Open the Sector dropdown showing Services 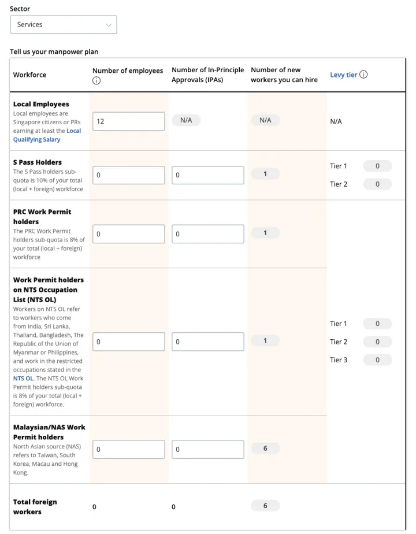pos(64,25)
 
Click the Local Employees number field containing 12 pos(128,121)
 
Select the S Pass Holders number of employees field pos(128,175)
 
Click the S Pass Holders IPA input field pos(207,175)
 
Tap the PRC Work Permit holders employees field pos(128,234)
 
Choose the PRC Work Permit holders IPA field pos(207,234)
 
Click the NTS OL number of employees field pos(128,342)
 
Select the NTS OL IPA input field pos(207,342)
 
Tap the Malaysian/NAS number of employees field pos(128,449)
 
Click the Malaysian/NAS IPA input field pos(207,449)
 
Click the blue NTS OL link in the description pos(23,379)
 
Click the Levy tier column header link pos(343,75)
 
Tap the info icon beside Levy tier pos(363,75)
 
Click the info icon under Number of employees pos(96,81)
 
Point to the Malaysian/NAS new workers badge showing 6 pos(265,448)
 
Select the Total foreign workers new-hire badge pos(265,506)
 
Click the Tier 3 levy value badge pos(377,360)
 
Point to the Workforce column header pos(30,75)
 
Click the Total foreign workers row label pos(35,507)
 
